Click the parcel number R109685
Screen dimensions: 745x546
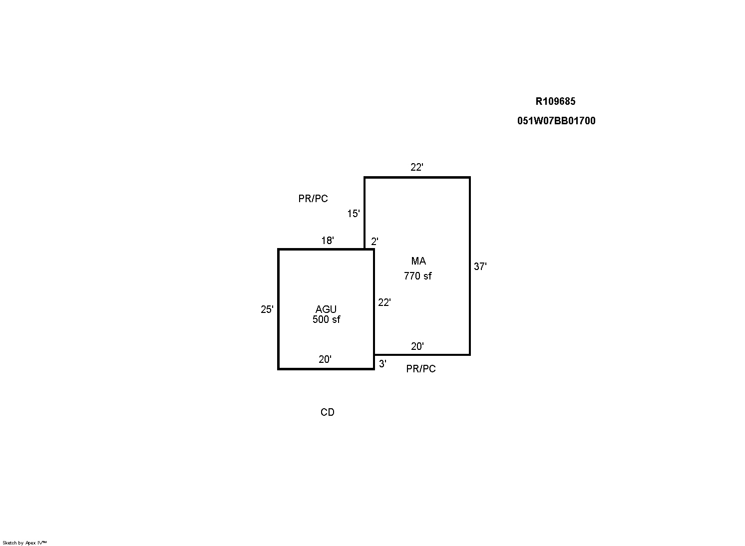coord(555,101)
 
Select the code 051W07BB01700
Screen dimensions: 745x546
coord(556,121)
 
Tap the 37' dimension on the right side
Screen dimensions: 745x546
coord(480,267)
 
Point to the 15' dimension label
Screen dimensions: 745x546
coord(353,214)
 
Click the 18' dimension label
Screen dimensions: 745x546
coord(327,241)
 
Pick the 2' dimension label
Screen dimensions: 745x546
coord(374,242)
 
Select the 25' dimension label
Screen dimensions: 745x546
coord(267,309)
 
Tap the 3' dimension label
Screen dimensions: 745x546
coord(382,364)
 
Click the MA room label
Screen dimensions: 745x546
coord(418,261)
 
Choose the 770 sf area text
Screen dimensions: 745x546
coord(418,276)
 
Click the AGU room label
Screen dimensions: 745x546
coord(326,309)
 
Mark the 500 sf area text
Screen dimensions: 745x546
coord(326,319)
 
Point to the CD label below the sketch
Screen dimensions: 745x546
coord(327,412)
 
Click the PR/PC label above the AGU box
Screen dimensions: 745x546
coord(313,199)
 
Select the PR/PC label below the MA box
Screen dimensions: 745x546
coord(421,369)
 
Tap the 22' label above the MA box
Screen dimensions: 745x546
coord(417,167)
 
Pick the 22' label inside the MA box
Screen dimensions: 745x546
coord(384,302)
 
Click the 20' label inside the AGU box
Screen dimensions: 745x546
coord(325,359)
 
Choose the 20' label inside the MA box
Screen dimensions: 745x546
coord(417,346)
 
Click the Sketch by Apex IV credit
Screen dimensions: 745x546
coord(24,543)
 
